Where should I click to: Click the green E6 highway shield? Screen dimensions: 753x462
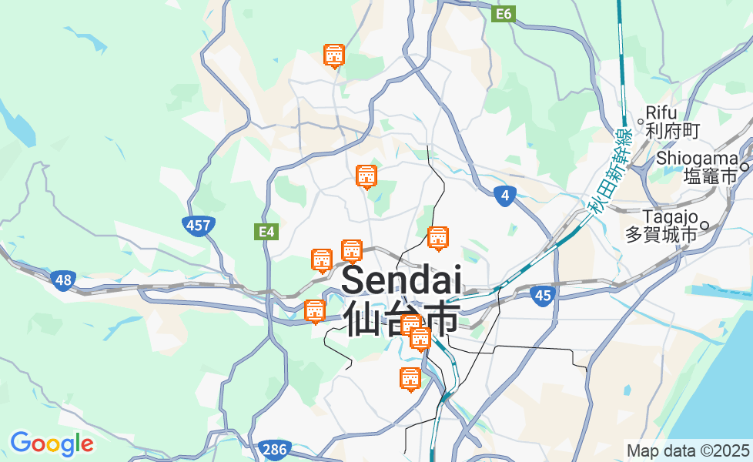[504, 14]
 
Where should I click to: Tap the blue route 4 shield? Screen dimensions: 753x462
[504, 196]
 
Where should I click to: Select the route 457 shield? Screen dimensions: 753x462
[198, 226]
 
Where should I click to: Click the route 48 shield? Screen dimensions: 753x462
[63, 281]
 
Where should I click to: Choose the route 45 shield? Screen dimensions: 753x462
[543, 295]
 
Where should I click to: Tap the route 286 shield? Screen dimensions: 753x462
[274, 449]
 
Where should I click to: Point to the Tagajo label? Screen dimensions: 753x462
[670, 216]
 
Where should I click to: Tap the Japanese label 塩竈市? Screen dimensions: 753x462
[710, 176]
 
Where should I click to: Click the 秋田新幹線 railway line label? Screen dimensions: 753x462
[608, 171]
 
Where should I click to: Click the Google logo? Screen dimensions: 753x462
[52, 444]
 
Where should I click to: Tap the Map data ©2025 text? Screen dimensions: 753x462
[688, 450]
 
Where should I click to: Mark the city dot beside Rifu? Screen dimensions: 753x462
[641, 120]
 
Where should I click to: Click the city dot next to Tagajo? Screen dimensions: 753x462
[704, 226]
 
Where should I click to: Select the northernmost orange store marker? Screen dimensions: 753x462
[333, 55]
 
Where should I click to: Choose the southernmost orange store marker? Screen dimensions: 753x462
[410, 379]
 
